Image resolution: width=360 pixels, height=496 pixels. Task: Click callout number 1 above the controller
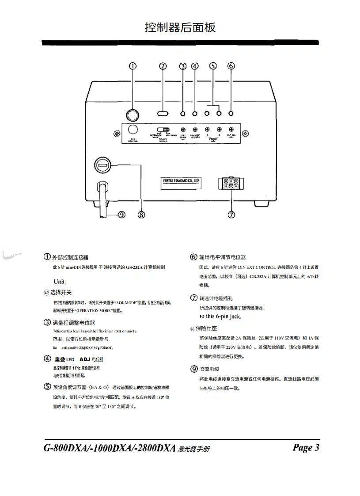point(133,66)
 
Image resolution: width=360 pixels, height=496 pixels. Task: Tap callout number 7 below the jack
point(231,214)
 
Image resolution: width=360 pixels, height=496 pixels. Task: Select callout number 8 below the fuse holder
point(141,214)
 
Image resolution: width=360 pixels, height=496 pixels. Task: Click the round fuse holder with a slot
point(102,166)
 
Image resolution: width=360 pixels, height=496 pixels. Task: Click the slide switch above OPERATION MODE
point(166,130)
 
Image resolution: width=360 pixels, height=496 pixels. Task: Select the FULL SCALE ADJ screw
point(183,130)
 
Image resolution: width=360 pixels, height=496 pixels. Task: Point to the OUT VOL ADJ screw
point(231,130)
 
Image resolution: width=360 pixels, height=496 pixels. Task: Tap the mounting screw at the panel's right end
point(246,134)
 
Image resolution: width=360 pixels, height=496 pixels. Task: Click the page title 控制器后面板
point(180,27)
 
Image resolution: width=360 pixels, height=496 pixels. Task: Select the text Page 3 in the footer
point(306,447)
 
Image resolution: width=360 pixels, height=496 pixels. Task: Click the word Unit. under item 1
point(60,282)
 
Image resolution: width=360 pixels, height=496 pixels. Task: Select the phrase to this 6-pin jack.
point(220,317)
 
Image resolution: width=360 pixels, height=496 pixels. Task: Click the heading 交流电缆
point(209,369)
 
